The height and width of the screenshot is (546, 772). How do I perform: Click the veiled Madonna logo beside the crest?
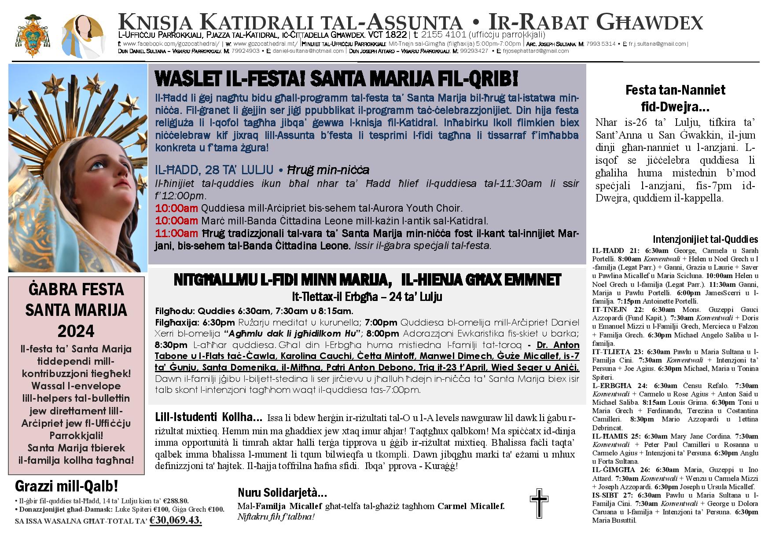83,35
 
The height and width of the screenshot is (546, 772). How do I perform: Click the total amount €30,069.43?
176,520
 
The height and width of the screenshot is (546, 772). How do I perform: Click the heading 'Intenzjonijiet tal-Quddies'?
705,239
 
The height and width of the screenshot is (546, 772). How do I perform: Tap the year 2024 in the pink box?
76,330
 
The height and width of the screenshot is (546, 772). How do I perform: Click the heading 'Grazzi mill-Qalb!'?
66,486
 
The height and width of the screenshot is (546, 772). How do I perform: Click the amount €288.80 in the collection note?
176,501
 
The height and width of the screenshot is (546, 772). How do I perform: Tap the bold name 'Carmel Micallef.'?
471,506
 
